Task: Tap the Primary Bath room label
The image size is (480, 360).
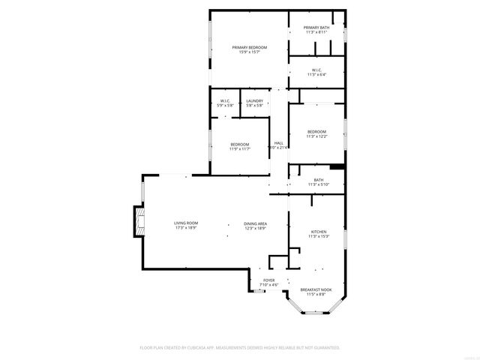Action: (x=316, y=28)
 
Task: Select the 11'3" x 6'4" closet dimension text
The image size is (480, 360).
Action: (x=316, y=75)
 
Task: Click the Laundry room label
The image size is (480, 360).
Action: (x=254, y=100)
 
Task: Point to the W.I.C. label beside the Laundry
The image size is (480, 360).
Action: (x=225, y=100)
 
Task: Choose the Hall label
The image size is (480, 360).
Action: (x=278, y=142)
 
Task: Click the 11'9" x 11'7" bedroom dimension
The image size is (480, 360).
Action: (x=239, y=148)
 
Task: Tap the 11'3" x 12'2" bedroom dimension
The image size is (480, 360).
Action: (x=316, y=136)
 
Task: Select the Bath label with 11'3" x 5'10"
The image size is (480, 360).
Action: (x=319, y=180)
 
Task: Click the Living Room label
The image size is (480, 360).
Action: (x=186, y=223)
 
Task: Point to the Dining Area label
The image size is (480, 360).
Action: (x=255, y=223)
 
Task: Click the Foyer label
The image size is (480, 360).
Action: (x=268, y=280)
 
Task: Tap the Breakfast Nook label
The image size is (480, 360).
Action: (x=314, y=289)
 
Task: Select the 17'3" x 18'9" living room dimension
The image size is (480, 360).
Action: (x=186, y=228)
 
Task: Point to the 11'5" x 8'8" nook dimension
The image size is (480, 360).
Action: (x=314, y=295)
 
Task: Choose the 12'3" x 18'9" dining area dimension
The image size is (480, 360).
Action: (x=255, y=229)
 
